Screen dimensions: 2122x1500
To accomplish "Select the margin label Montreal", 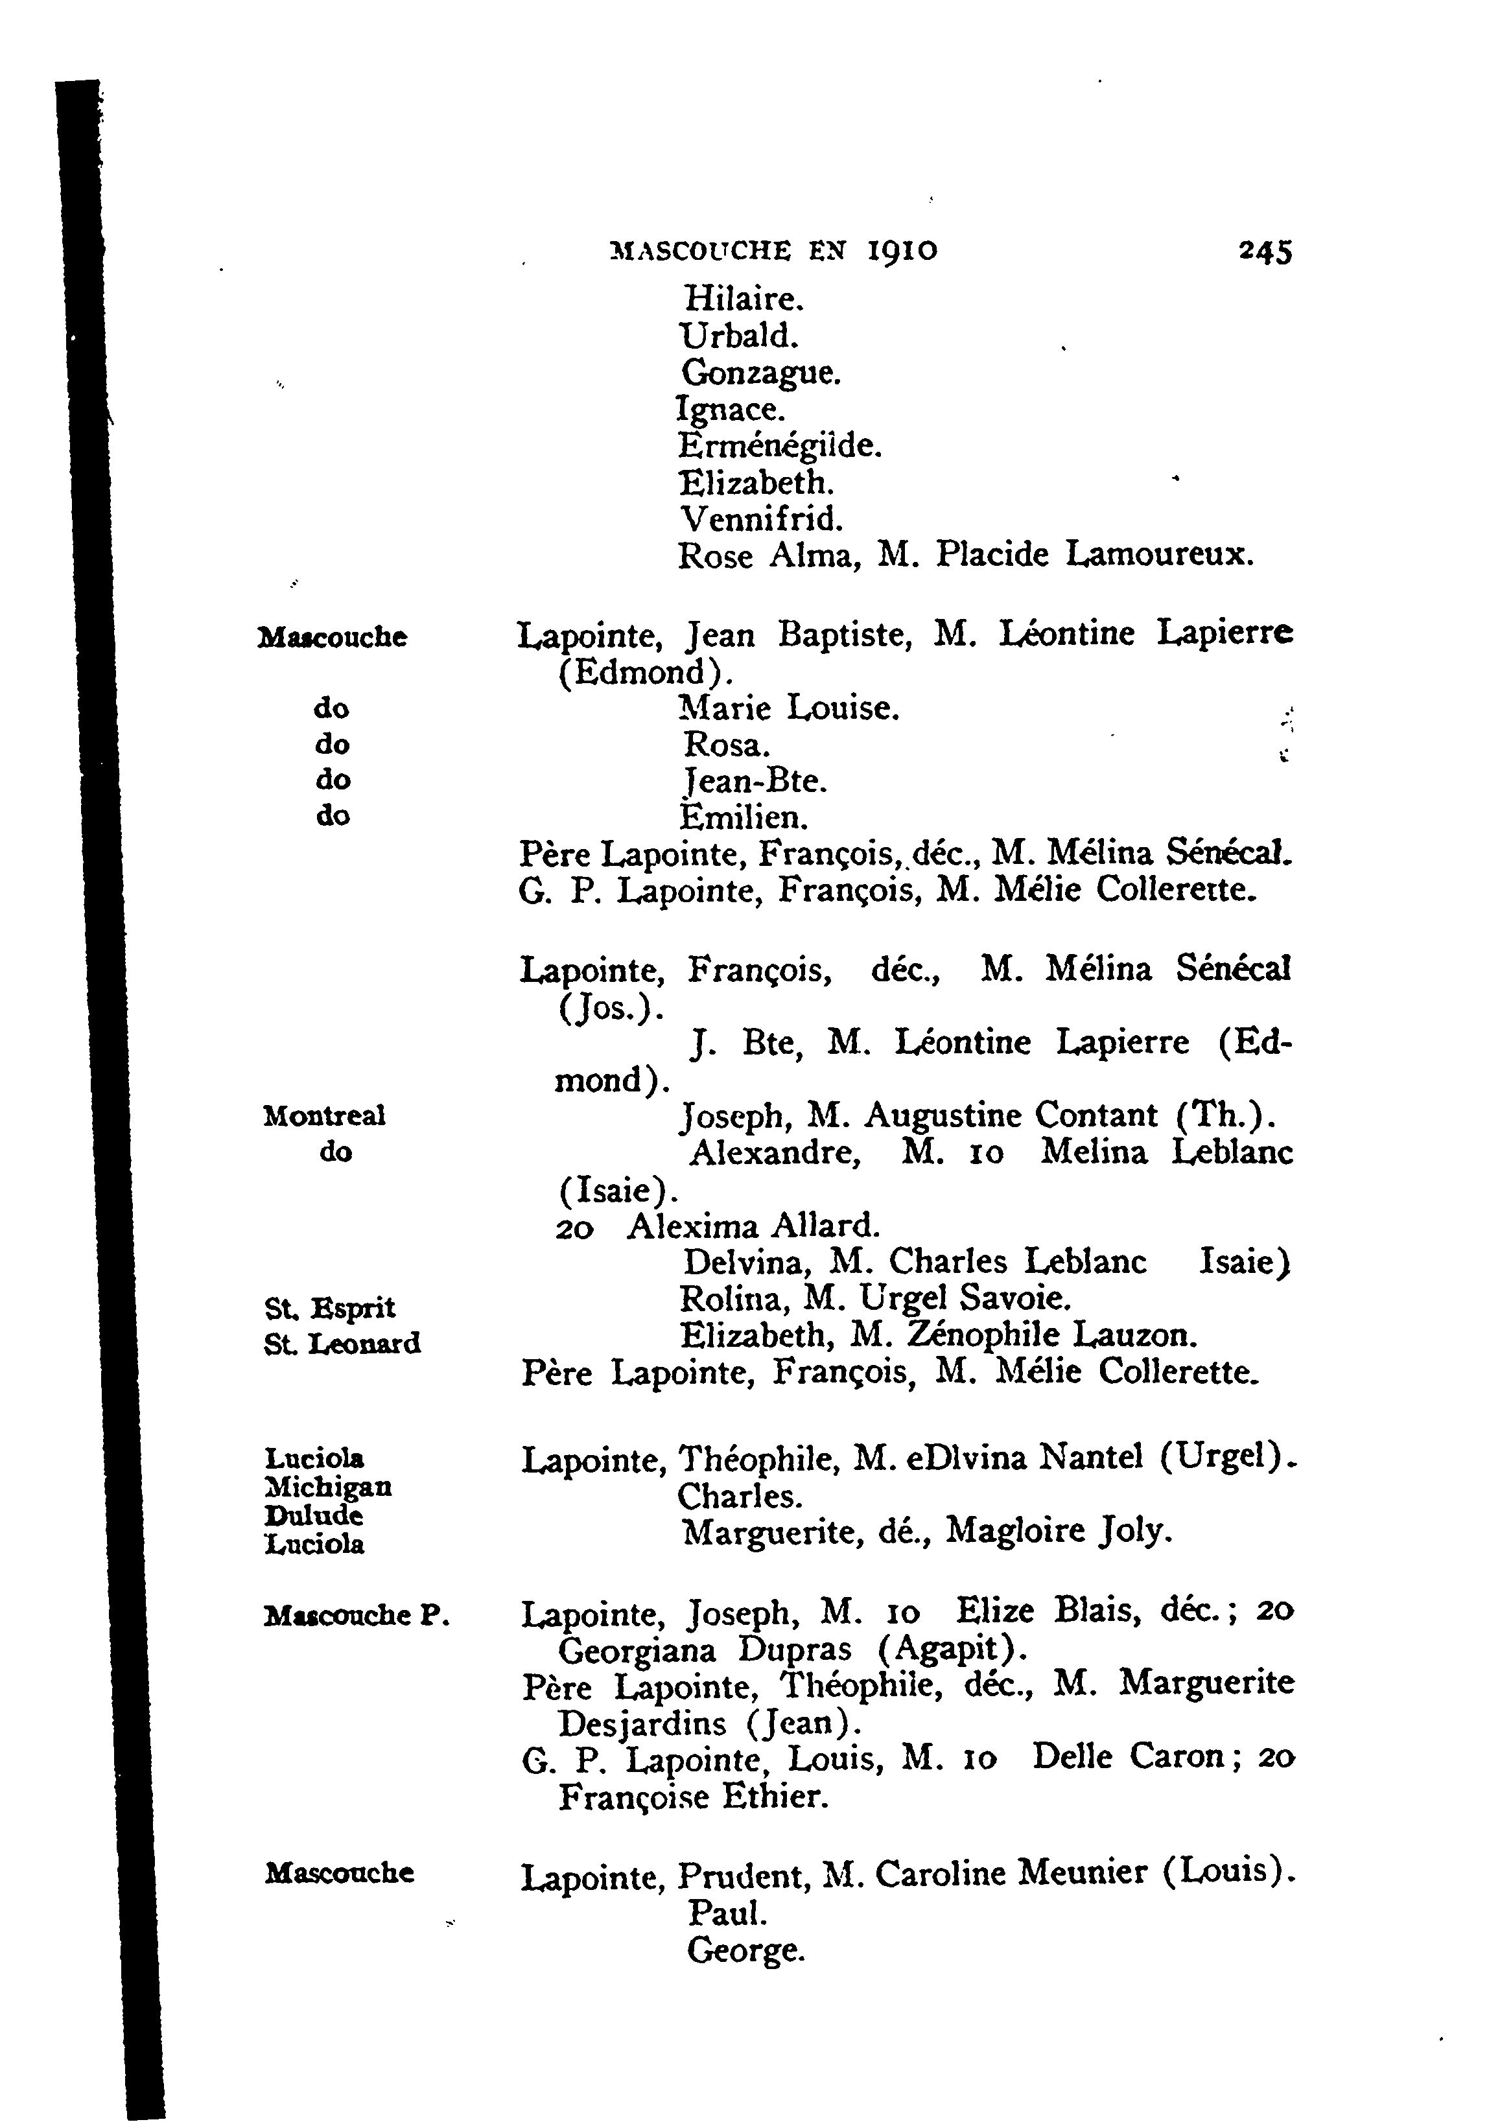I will click(323, 1115).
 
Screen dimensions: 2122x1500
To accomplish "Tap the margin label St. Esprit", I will click(329, 1308).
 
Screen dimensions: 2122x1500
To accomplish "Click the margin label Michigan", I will click(328, 1486).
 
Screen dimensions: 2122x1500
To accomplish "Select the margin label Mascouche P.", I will click(357, 1615).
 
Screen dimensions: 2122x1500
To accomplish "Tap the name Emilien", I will click(744, 817).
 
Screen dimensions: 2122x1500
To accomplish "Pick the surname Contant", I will click(1096, 1115).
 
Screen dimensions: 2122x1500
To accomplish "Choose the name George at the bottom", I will click(745, 1950).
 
